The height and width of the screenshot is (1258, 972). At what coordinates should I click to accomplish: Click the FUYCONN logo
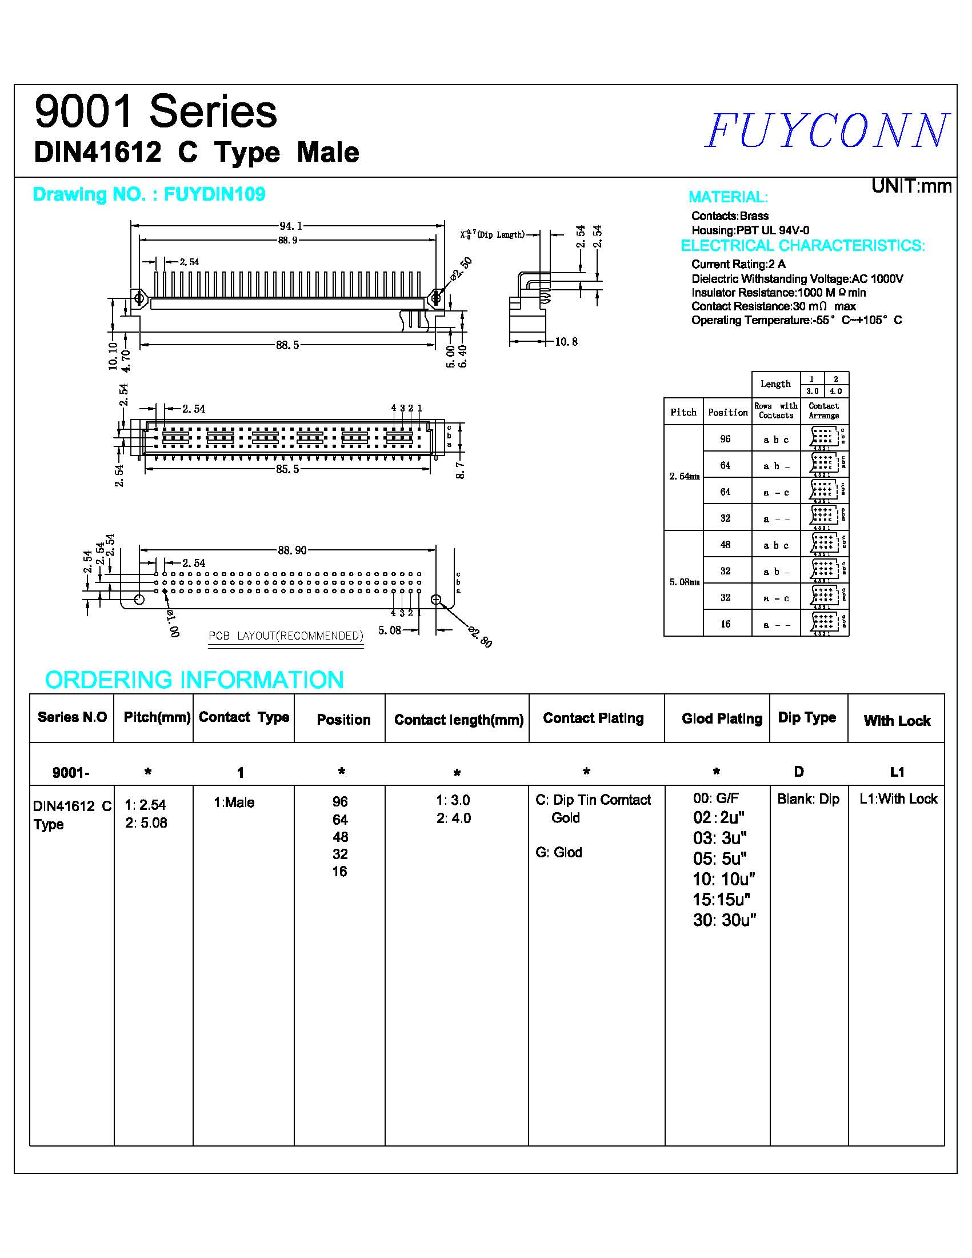[827, 130]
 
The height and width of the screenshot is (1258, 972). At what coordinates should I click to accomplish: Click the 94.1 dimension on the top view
[291, 226]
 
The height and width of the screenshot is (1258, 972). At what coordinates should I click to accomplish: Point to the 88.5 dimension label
[287, 345]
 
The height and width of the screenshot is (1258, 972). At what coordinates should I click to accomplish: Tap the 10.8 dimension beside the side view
[566, 342]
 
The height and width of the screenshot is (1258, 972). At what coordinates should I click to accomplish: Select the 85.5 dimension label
[287, 469]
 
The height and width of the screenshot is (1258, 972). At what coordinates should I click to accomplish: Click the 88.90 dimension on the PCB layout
[292, 550]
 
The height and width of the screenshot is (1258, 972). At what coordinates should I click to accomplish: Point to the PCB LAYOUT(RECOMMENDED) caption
[286, 636]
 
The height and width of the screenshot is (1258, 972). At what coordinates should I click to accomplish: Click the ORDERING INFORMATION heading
[194, 680]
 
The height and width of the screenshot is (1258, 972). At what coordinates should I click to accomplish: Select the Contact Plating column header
[593, 718]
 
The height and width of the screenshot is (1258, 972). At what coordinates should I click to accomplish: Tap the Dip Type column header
[807, 718]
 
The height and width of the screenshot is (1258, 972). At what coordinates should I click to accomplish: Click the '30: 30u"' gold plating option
[724, 920]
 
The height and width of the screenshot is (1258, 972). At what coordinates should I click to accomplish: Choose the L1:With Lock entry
[898, 799]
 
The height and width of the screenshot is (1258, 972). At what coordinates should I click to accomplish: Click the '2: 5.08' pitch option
[146, 823]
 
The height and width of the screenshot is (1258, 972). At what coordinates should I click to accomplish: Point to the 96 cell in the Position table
[725, 439]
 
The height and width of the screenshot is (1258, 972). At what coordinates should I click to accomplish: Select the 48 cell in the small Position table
[725, 544]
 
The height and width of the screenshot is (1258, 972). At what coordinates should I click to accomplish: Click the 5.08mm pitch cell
[684, 582]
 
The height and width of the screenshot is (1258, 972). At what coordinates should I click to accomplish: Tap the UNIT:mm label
[911, 186]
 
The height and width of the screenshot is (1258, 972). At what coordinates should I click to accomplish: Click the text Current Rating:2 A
[738, 265]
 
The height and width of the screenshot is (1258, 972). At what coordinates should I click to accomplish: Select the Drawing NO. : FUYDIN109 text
[149, 195]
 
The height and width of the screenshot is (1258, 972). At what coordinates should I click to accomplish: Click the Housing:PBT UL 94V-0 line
[750, 230]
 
